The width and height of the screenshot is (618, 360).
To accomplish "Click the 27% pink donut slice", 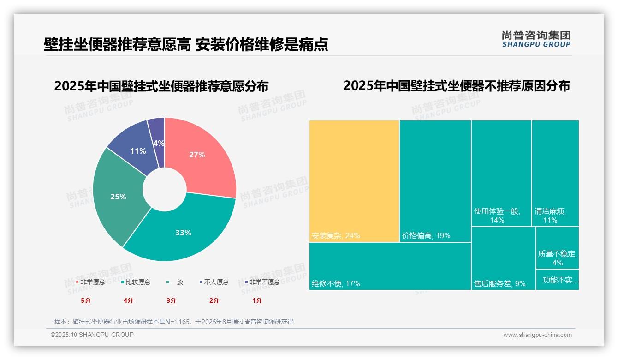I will point(198,155).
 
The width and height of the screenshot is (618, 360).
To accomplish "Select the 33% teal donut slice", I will point(184,232).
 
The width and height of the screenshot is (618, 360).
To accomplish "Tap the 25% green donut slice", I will point(118,197).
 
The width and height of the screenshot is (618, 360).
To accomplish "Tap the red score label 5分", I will point(86,300).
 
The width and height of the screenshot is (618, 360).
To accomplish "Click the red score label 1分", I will point(257,300).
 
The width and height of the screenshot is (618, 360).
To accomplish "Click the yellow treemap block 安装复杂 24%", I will point(354,181).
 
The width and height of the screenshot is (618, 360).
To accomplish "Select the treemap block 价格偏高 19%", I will point(435,181).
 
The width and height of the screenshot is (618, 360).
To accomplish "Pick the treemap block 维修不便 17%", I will point(390,266).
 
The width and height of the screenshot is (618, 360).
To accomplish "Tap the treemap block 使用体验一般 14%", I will point(501,173).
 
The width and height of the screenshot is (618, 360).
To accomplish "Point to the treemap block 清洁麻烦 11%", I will point(555,173).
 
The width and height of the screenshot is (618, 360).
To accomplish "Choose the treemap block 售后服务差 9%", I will point(503,258).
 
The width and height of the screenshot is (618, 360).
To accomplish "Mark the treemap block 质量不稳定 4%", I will point(557,248).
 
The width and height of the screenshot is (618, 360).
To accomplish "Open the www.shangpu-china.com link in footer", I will point(537,335).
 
